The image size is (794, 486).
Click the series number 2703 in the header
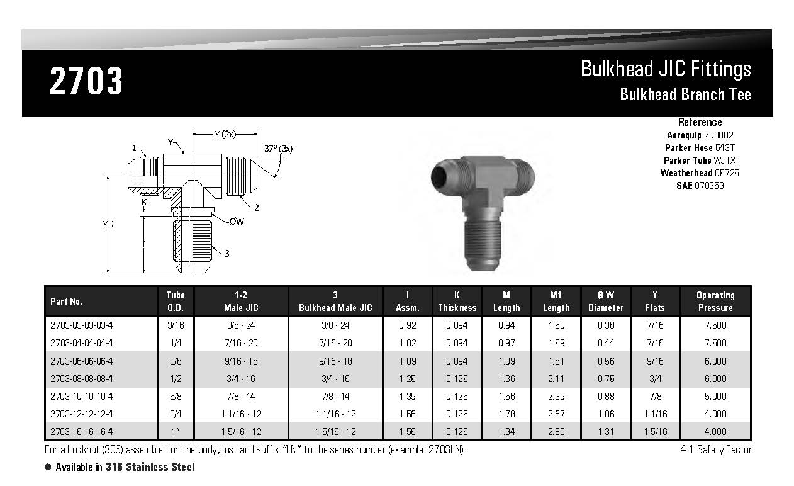click(86, 81)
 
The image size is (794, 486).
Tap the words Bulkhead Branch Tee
click(685, 94)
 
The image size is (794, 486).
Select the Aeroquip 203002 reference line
click(700, 135)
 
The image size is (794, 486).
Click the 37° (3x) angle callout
click(279, 149)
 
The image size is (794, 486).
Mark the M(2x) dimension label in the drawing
click(223, 134)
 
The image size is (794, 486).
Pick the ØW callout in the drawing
click(237, 221)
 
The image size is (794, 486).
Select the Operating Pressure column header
click(715, 302)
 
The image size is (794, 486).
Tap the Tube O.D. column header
click(176, 302)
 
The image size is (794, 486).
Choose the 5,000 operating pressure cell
click(715, 396)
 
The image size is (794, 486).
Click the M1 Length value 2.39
click(556, 396)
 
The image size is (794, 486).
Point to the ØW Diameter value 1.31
click(606, 432)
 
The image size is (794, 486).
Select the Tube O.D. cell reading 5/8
click(176, 396)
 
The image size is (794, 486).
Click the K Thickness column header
click(457, 302)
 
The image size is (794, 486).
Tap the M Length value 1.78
click(506, 414)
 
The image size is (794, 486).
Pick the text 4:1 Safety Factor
click(715, 449)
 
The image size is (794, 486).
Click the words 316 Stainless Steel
click(160, 467)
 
